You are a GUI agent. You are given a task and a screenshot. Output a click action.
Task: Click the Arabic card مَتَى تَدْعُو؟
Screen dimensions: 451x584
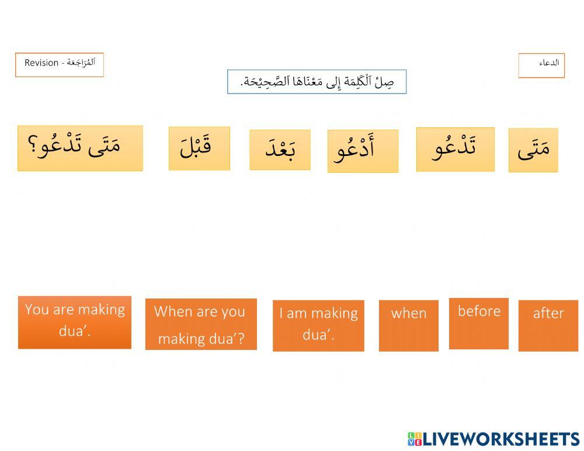coord(80,148)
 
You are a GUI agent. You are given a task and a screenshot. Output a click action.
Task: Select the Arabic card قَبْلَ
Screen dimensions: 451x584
coord(199,148)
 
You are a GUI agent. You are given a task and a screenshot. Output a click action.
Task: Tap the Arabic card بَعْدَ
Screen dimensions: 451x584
coord(280,150)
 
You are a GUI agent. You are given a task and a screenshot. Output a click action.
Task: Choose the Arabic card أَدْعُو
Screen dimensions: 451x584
coord(363,151)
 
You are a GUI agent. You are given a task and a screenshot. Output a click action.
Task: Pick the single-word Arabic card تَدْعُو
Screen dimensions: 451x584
coord(455,150)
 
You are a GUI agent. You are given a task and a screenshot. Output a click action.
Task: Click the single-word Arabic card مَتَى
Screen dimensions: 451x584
coord(533,150)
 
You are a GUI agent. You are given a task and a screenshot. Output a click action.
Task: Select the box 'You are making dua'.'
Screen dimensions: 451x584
coord(75,322)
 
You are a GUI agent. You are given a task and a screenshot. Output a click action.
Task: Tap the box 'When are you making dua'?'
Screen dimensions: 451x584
coord(201,324)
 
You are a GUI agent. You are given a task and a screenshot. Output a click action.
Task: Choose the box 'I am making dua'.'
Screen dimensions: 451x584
coord(318,325)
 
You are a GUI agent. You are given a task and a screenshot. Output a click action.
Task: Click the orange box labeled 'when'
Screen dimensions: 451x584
coord(408,325)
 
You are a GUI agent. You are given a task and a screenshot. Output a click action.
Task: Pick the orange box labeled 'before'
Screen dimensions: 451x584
coord(479,324)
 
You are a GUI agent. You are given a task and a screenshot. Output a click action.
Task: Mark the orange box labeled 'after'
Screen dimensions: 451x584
coord(548,325)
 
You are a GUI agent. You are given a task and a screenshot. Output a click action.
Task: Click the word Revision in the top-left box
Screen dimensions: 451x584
coord(41,63)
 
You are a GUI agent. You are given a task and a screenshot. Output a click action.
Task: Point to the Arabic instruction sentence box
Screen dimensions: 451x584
coord(317,82)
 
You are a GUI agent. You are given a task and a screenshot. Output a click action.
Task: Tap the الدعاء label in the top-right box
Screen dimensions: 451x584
coord(549,63)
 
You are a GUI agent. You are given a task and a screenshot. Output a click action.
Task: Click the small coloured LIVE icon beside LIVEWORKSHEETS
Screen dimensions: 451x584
coord(414,439)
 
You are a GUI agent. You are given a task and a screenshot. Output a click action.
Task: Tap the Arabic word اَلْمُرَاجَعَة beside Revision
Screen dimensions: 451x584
coord(81,62)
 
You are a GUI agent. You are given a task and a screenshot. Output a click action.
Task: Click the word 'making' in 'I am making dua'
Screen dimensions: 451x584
coord(333,313)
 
